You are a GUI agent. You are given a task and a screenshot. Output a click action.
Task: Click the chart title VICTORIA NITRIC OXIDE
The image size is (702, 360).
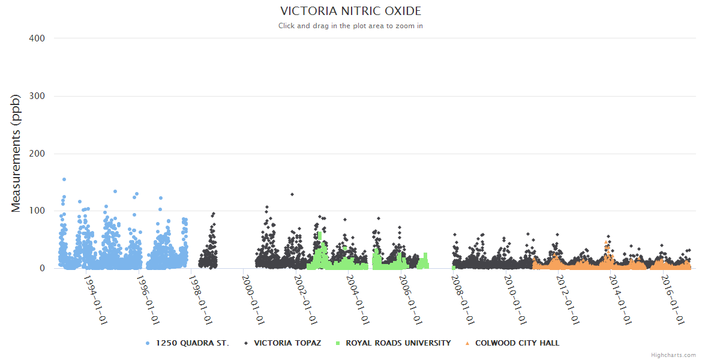[x=350, y=11]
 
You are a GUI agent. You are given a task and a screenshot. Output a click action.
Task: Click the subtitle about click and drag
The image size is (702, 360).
[x=350, y=26]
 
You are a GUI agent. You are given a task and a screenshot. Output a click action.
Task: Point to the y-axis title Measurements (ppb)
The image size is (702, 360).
[x=16, y=153]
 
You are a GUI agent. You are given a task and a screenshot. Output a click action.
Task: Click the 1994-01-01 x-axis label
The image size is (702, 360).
[x=95, y=299]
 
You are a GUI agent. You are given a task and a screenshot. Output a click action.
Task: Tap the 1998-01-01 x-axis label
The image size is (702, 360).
[x=200, y=299]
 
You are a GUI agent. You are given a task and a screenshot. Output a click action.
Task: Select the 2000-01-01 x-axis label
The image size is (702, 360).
[x=253, y=299]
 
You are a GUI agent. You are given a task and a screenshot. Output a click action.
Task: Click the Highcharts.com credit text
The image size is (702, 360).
[x=673, y=355]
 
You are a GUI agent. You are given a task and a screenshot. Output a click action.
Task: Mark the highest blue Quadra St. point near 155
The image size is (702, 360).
[x=64, y=179]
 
